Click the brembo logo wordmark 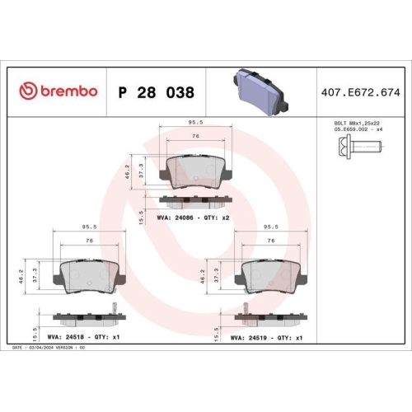pos(69,91)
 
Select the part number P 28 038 pos(157,92)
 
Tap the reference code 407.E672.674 pos(361,92)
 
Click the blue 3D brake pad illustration pos(260,92)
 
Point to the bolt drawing pos(359,147)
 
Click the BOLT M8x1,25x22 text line pos(357,124)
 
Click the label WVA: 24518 pos(66,337)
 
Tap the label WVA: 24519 pos(249,338)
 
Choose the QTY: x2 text pos(216,218)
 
